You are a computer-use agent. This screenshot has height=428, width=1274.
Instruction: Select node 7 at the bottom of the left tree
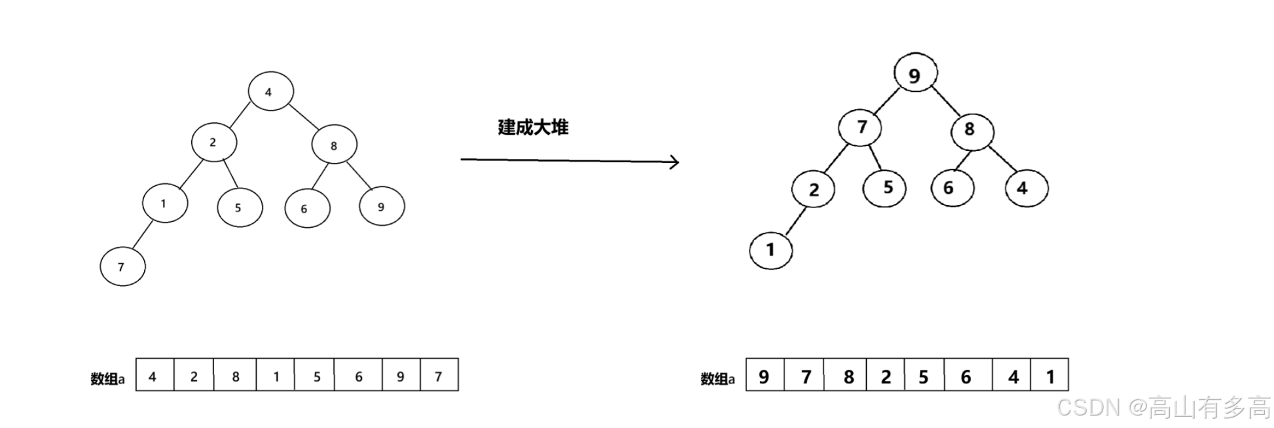(x=122, y=266)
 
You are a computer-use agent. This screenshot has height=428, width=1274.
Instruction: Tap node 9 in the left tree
(x=382, y=206)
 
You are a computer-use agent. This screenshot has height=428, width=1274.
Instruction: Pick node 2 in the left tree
(x=214, y=142)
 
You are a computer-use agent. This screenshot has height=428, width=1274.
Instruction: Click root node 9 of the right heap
(x=915, y=73)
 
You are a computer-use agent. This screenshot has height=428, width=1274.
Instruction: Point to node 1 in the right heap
(x=771, y=249)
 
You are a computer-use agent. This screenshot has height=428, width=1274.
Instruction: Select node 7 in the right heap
(x=860, y=127)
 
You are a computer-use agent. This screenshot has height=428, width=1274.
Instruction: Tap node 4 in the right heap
(x=1026, y=188)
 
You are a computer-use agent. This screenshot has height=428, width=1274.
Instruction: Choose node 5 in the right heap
(x=885, y=188)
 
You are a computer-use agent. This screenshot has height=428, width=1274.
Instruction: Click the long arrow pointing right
(x=570, y=160)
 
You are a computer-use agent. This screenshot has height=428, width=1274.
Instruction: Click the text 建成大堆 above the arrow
(x=533, y=127)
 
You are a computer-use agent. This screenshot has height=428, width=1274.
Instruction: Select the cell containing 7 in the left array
(x=439, y=376)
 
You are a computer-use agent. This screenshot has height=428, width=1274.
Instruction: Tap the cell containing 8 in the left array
(x=235, y=376)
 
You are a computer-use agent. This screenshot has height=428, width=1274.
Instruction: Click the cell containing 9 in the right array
(x=765, y=376)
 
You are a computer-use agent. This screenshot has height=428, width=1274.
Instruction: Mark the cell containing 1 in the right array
(x=1049, y=376)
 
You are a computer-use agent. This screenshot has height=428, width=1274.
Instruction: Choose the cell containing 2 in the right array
(x=885, y=376)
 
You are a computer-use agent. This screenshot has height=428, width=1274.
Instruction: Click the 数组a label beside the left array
(x=107, y=379)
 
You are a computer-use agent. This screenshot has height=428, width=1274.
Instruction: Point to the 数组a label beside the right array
(x=718, y=379)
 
